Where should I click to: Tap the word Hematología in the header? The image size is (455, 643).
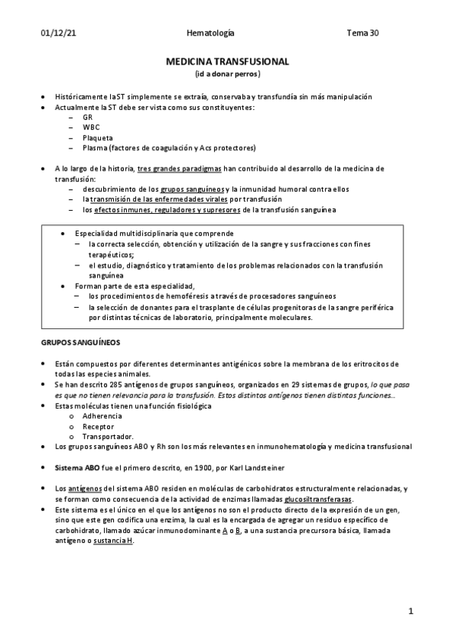(x=210, y=33)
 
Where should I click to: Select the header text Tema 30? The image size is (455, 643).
(x=362, y=33)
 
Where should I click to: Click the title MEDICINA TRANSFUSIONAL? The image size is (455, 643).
(x=227, y=62)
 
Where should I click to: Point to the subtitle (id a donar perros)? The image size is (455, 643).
(x=227, y=74)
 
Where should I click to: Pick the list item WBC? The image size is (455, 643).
(x=90, y=127)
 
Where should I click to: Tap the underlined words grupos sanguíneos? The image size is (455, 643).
(x=192, y=188)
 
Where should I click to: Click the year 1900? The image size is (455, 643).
(x=211, y=467)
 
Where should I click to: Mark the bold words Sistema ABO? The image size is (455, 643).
(x=77, y=467)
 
